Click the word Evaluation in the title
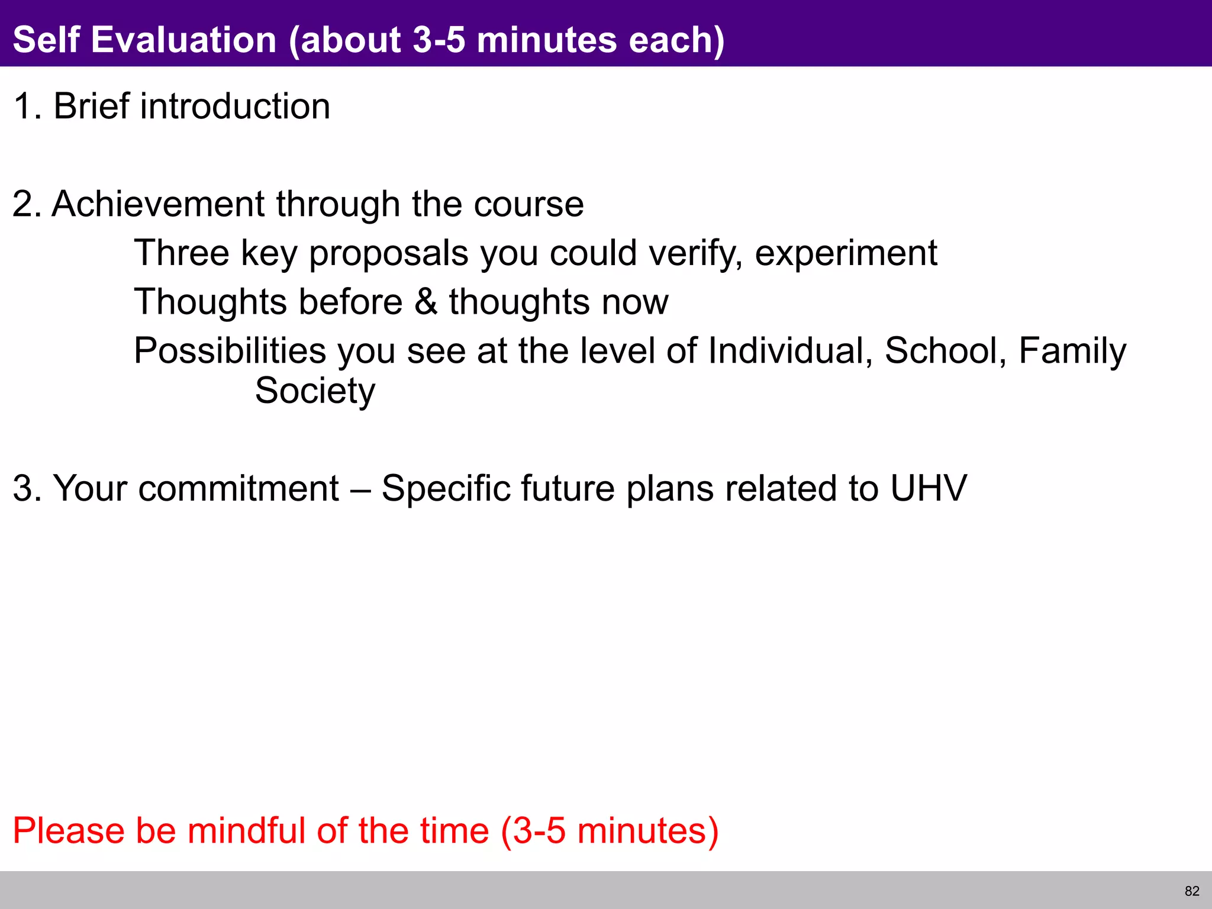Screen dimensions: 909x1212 click(184, 40)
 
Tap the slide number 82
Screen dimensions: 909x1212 click(1192, 891)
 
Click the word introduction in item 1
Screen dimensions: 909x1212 click(235, 107)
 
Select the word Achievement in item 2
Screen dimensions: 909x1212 click(158, 204)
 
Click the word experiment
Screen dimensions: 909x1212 click(846, 253)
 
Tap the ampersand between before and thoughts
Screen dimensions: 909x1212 click(426, 302)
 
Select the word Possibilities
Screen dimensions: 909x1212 click(230, 350)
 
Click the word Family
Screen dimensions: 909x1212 click(1072, 352)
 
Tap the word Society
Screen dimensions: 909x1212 click(315, 391)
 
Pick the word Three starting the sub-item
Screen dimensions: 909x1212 click(181, 253)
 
